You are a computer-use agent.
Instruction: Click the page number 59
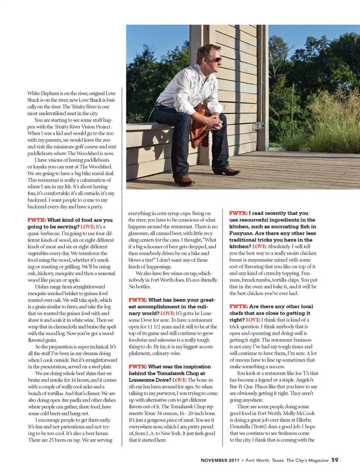[x=335, y=460]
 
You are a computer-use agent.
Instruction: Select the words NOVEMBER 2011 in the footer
[x=220, y=460]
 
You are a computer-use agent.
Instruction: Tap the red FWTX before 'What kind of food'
[x=36, y=220]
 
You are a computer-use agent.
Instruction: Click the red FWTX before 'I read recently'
[x=238, y=213]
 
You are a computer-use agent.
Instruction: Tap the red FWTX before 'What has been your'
[x=137, y=300]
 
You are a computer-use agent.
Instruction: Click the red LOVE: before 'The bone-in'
[x=179, y=380]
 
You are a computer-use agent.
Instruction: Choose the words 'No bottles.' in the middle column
[x=139, y=287]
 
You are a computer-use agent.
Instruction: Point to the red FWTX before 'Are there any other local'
[x=238, y=307]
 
